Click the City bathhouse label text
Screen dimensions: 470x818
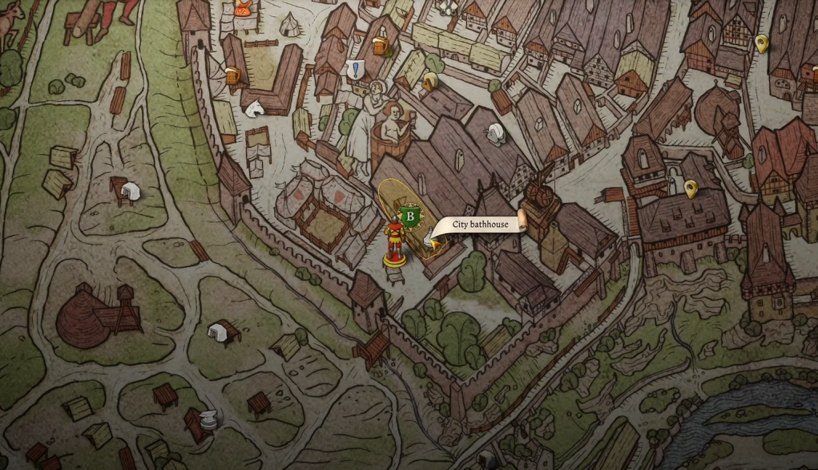click(479, 225)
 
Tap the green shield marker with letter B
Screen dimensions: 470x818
click(410, 216)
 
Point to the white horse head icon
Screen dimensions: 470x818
click(255, 107)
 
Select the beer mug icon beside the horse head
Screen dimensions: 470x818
click(232, 75)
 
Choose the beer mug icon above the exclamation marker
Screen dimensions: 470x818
click(381, 46)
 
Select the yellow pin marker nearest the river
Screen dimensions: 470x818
click(691, 189)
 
